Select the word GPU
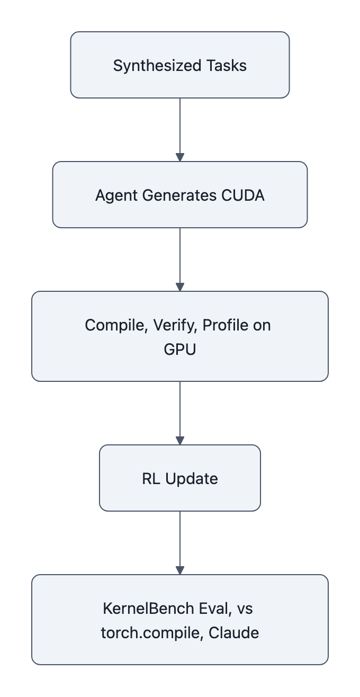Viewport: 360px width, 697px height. click(180, 350)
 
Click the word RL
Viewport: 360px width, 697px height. click(151, 479)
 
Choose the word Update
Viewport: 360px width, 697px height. click(191, 479)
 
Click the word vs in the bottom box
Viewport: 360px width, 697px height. click(245, 609)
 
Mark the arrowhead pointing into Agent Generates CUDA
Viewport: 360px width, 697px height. click(180, 157)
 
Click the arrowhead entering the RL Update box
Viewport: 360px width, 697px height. click(180, 441)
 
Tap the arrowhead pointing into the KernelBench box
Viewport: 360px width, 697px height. click(180, 570)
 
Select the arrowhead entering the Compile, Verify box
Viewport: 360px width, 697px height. click(180, 287)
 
